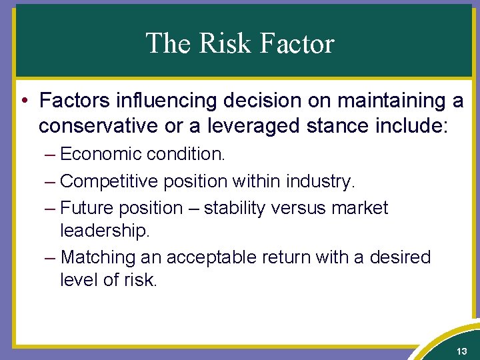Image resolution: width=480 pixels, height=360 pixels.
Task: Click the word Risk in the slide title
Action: [x=223, y=43]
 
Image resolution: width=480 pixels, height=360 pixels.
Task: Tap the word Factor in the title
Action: [x=296, y=43]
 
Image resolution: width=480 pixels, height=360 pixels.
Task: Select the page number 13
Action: [x=461, y=351]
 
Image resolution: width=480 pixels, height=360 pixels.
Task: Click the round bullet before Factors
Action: [x=23, y=101]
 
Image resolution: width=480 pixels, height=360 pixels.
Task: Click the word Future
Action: [x=86, y=208]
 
